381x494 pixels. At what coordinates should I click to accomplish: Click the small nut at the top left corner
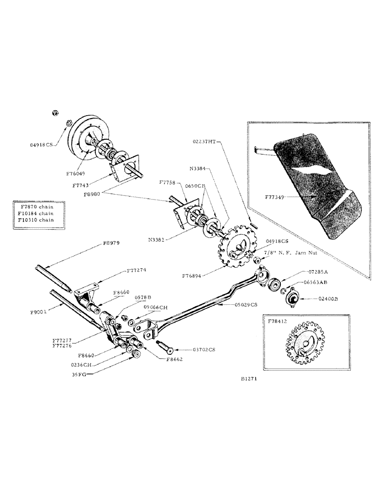56,113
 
